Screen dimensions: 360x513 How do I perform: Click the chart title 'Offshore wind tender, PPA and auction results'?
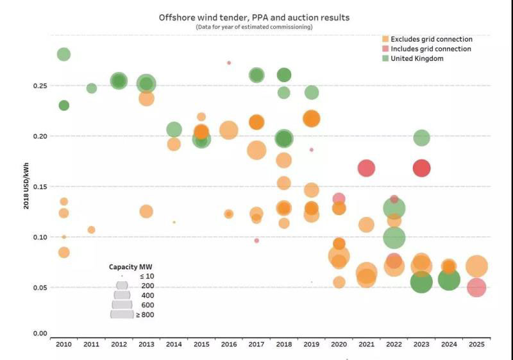tap(254, 17)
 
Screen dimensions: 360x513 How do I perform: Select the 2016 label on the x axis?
tap(229, 345)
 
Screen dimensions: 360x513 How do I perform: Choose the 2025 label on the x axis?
tap(476, 345)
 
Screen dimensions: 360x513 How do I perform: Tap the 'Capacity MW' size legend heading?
tap(130, 267)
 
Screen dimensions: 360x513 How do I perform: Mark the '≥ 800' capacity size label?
tap(145, 315)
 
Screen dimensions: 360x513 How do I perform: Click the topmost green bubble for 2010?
tap(63, 54)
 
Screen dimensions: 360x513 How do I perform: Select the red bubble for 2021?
tap(366, 168)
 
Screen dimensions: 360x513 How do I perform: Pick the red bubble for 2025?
tap(476, 287)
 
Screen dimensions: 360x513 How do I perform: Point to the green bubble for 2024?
tap(449, 280)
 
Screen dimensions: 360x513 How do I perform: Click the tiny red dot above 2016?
tap(229, 63)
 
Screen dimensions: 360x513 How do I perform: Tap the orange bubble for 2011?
tap(91, 230)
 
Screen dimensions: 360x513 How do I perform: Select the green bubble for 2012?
tap(119, 81)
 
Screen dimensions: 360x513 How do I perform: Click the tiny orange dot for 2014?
tap(174, 222)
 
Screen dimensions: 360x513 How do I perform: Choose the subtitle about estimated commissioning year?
tap(254, 28)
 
